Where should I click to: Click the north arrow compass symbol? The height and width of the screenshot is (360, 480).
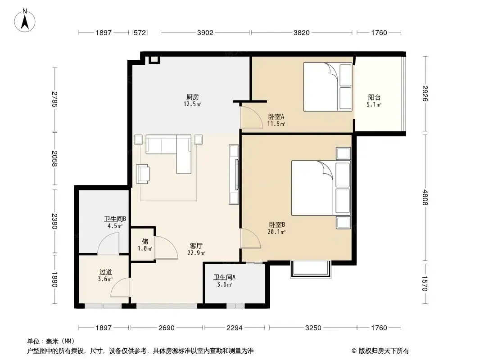[25, 21]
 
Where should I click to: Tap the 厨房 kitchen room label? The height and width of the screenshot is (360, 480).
[193, 97]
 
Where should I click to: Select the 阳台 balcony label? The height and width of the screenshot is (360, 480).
[374, 98]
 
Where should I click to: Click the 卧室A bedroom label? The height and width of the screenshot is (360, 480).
[276, 117]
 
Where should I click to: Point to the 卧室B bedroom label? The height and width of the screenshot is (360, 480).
[277, 225]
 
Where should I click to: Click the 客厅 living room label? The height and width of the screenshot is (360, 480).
[196, 246]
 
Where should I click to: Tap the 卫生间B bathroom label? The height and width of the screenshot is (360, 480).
[115, 219]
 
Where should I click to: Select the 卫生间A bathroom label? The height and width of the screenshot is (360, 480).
[224, 277]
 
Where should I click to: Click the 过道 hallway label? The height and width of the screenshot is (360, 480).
[106, 272]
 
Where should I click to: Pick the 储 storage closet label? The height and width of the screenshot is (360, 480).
[145, 241]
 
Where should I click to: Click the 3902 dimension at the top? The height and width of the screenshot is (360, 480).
[205, 32]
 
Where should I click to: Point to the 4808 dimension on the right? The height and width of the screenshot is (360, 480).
[425, 197]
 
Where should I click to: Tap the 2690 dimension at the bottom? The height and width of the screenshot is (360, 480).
[167, 328]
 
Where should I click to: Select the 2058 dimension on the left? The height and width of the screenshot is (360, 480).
[54, 158]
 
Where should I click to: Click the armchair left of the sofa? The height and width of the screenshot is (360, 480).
[143, 174]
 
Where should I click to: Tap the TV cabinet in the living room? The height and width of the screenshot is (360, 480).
[234, 174]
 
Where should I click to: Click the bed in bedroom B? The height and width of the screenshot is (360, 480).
[321, 188]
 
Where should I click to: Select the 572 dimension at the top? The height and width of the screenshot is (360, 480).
[140, 32]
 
